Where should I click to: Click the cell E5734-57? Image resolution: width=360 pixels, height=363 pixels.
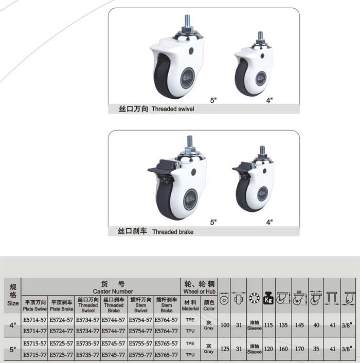click(87, 320)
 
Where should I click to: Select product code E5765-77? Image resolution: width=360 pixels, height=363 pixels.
click(166, 355)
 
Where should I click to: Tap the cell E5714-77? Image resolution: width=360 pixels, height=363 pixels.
click(35, 331)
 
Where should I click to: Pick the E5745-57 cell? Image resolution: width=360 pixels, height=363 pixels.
click(113, 343)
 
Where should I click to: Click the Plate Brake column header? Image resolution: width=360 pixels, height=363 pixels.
click(61, 305)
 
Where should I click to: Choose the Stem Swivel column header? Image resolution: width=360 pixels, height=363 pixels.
click(140, 305)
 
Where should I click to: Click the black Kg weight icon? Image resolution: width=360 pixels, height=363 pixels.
click(268, 298)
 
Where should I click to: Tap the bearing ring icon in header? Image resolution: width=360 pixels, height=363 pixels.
click(254, 298)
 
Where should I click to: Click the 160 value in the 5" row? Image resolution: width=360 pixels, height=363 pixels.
click(283, 349)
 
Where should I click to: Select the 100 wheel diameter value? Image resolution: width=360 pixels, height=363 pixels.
click(225, 325)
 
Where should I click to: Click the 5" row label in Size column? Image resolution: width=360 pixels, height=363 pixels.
click(13, 349)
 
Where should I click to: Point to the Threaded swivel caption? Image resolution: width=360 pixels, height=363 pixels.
click(173, 109)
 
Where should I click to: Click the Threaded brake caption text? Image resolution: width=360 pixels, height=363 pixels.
click(173, 232)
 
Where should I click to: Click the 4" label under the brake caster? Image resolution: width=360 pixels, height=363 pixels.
click(269, 222)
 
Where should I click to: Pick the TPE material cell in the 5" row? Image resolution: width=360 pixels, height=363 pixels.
click(190, 343)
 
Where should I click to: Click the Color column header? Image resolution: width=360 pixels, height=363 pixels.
click(209, 305)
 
